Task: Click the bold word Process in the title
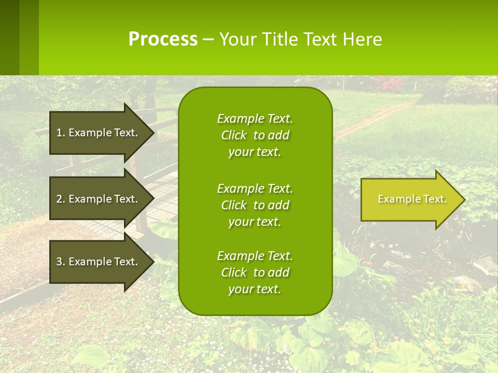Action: (x=163, y=39)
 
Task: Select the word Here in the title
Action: (x=363, y=39)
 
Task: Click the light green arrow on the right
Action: (x=410, y=199)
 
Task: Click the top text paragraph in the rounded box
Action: (x=255, y=135)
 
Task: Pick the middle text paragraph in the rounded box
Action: (x=255, y=205)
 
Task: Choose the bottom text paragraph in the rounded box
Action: (x=255, y=272)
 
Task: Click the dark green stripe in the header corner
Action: (x=9, y=37)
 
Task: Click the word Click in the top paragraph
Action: (x=233, y=135)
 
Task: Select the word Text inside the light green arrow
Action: (x=434, y=199)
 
